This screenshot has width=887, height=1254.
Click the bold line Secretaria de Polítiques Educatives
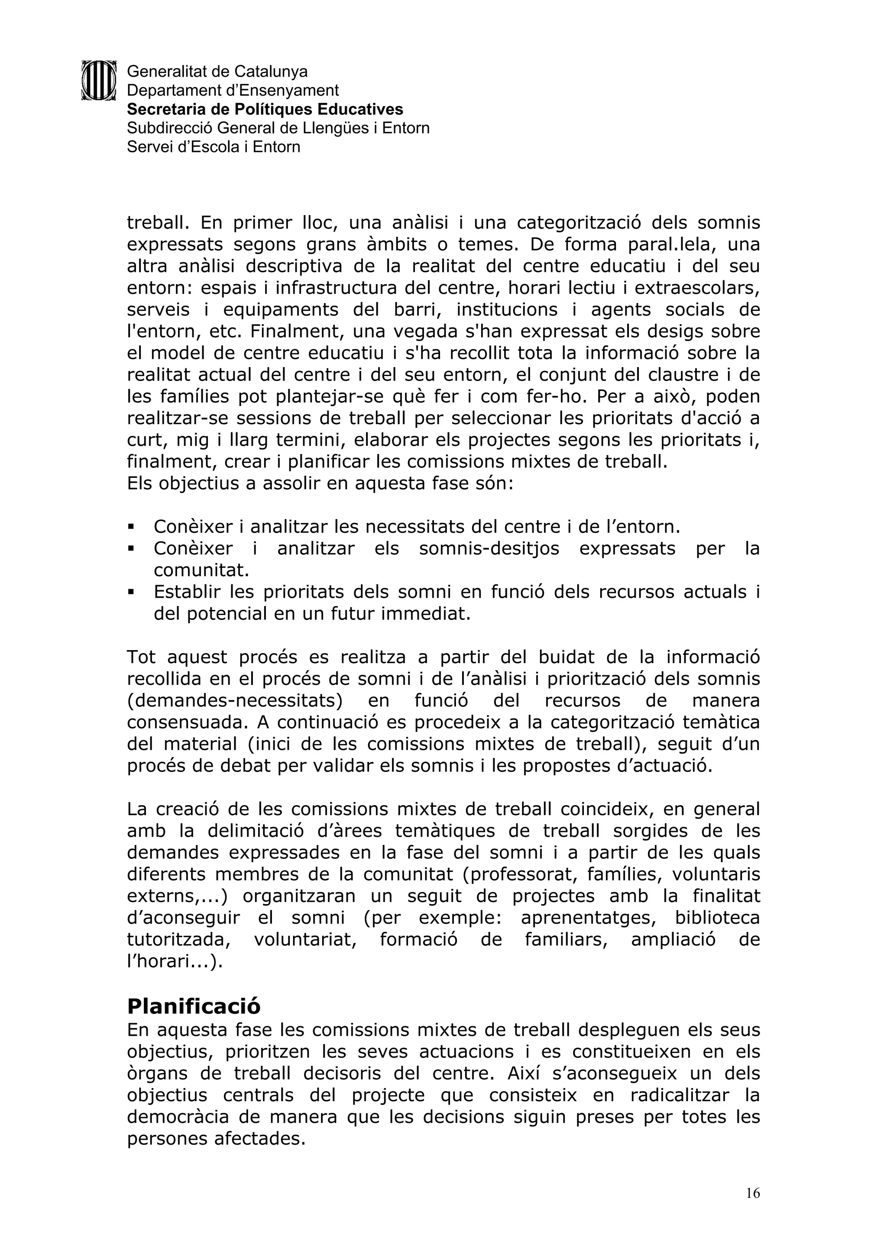[x=265, y=109]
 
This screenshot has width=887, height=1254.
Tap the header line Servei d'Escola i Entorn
[x=213, y=147]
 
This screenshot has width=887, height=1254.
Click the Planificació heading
[x=194, y=1006]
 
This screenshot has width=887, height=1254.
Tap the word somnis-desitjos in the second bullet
[x=489, y=548]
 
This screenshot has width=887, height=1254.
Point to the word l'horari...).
[x=175, y=962]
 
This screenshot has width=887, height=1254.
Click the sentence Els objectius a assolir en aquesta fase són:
[x=320, y=484]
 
